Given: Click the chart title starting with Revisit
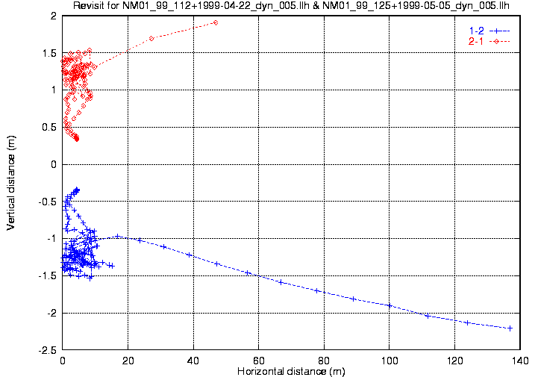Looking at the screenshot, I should [x=291, y=7].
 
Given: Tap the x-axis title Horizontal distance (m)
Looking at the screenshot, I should [x=291, y=371].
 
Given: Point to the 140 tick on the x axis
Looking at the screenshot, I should [x=520, y=360].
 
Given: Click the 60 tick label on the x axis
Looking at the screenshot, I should [x=258, y=360].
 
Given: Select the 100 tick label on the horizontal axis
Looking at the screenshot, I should [x=389, y=360].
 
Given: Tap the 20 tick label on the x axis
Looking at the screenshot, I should [x=128, y=360].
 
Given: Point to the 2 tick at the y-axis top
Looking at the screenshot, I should [x=54, y=16].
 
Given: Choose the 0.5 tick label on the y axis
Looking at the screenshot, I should [x=50, y=127].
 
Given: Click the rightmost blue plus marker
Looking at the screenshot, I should [x=510, y=328].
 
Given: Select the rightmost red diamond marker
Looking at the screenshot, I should [x=216, y=22].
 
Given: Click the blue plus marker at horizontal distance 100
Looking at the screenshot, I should [x=389, y=305].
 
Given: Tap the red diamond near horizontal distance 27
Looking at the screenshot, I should [x=151, y=38].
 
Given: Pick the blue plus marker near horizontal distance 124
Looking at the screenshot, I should [x=467, y=323].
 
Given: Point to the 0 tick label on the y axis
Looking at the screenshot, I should [x=54, y=164].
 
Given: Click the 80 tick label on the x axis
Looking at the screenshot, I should [x=324, y=360].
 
